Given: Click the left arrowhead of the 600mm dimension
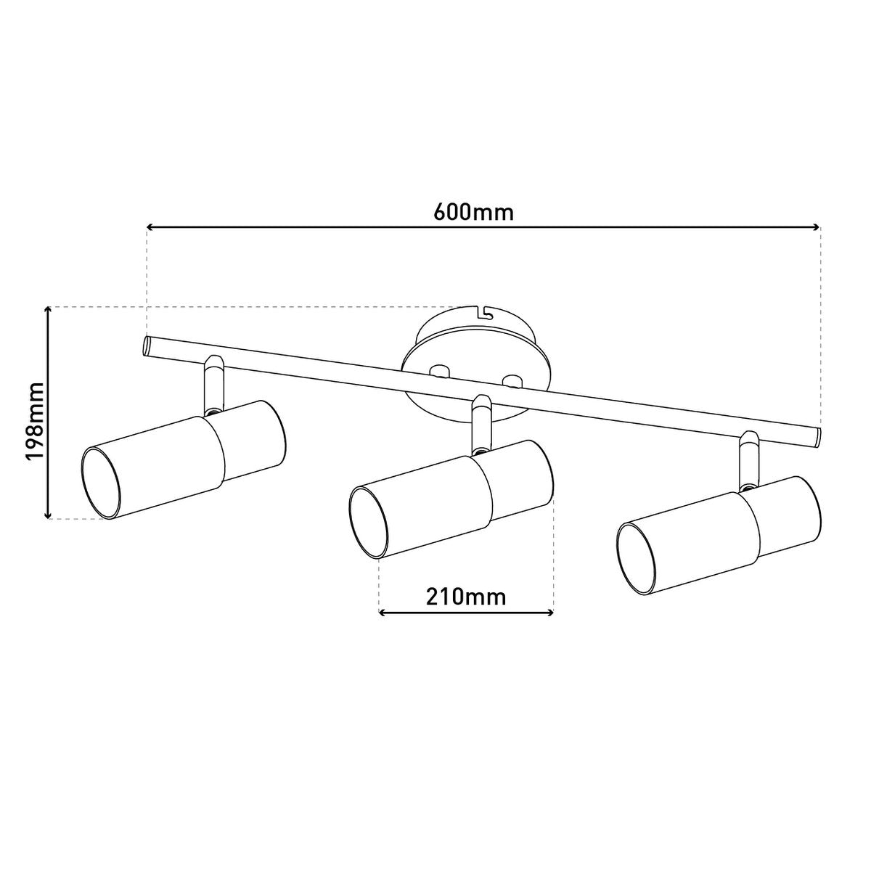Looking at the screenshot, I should tap(152, 227).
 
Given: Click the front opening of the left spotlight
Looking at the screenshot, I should tap(99, 484).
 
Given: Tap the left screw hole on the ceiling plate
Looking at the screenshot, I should tap(438, 371).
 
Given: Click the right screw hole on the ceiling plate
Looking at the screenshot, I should tap(512, 380).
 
